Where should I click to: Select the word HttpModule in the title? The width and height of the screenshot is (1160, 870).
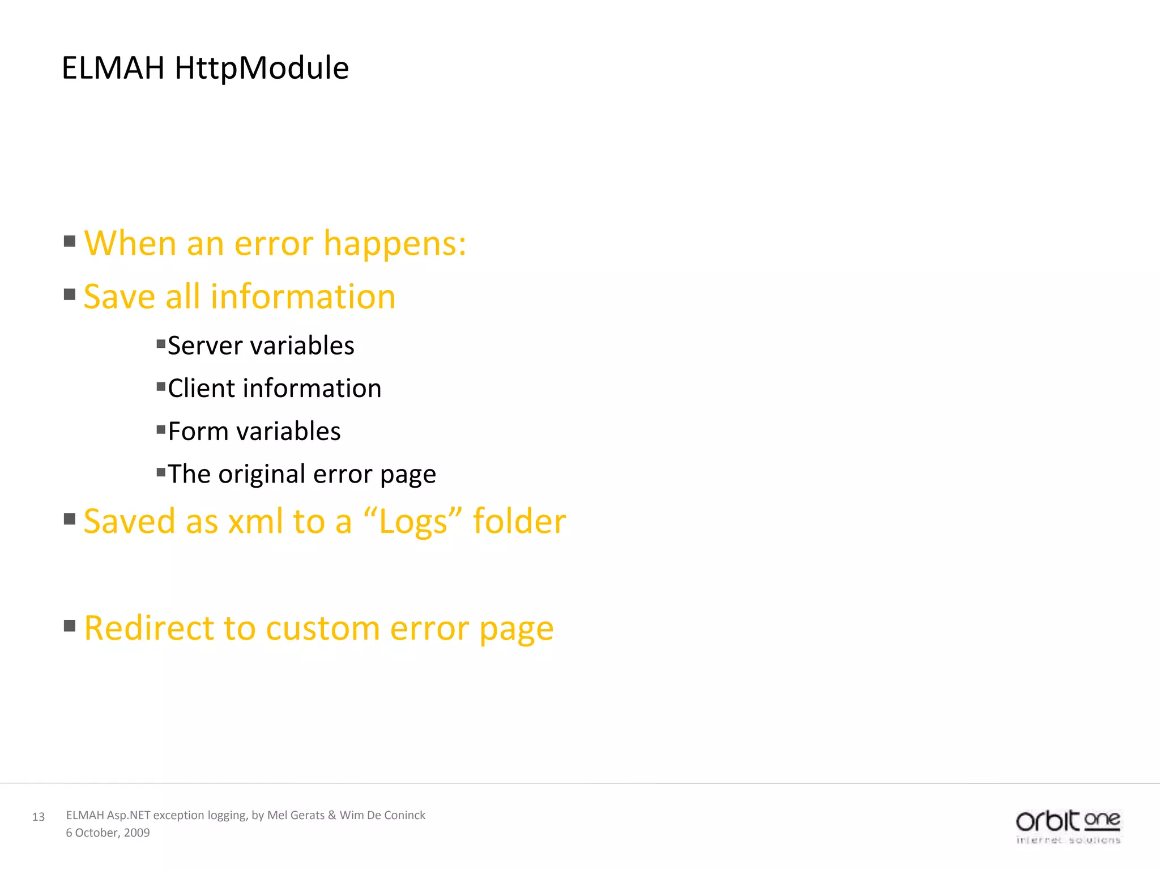click(262, 68)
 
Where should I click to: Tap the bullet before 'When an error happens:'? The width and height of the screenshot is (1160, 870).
click(70, 242)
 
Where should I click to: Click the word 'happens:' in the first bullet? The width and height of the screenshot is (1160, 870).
click(395, 244)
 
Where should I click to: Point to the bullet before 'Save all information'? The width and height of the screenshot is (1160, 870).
click(70, 295)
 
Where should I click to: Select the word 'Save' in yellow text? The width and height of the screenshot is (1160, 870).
click(119, 297)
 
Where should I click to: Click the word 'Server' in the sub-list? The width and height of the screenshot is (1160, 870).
click(204, 346)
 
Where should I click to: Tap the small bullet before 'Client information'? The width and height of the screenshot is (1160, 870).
click(161, 387)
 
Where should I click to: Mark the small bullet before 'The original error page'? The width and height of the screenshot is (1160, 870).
click(161, 472)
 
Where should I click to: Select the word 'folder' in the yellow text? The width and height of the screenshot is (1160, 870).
click(519, 521)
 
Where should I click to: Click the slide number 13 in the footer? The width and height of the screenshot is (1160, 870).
click(39, 817)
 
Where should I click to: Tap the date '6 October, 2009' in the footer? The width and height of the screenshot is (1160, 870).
click(108, 833)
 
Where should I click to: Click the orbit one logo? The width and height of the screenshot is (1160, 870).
click(1068, 826)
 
